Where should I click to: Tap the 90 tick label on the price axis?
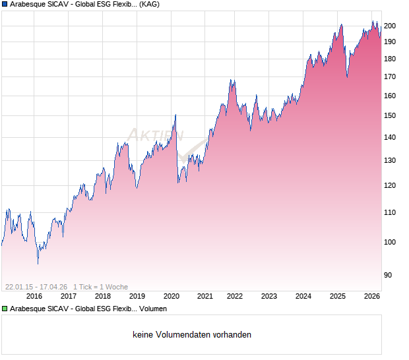click(x=389, y=275)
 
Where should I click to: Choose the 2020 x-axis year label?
click(x=171, y=296)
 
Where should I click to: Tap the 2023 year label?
click(x=269, y=296)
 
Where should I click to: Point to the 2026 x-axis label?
click(x=372, y=296)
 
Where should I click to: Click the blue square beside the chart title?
click(x=5, y=4)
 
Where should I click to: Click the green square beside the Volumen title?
click(x=5, y=308)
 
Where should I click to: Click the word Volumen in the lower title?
click(x=153, y=308)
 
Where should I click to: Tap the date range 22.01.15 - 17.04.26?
click(x=36, y=287)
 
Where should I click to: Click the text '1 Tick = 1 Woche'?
click(x=100, y=287)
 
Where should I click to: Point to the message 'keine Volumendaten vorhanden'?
click(x=192, y=335)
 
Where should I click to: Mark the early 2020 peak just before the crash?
click(x=175, y=115)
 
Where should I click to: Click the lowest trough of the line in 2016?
click(x=38, y=264)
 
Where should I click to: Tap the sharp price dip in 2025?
click(x=347, y=76)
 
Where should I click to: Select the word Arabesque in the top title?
click(x=28, y=4)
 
